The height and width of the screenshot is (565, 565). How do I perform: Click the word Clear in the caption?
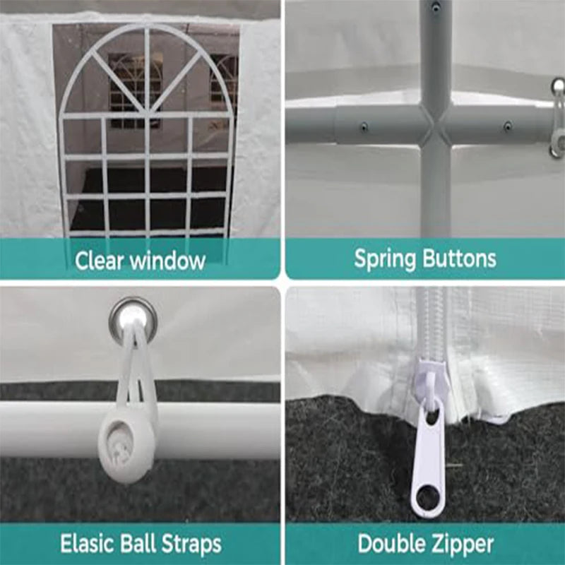pyautogui.click(x=99, y=260)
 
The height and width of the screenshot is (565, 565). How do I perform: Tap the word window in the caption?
pyautogui.click(x=167, y=260)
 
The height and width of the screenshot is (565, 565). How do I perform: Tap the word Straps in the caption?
pyautogui.click(x=191, y=544)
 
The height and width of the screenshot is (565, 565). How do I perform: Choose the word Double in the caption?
pyautogui.click(x=393, y=543)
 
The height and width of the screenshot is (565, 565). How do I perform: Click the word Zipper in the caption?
pyautogui.click(x=463, y=544)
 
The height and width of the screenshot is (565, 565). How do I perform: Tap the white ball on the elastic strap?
pyautogui.click(x=124, y=448)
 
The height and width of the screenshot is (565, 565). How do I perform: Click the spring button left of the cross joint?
pyautogui.click(x=364, y=127)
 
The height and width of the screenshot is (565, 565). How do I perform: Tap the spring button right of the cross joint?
pyautogui.click(x=508, y=126)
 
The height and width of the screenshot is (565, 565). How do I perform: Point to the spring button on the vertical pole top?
pyautogui.click(x=436, y=6)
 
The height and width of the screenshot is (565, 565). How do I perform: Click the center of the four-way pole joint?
pyautogui.click(x=436, y=124)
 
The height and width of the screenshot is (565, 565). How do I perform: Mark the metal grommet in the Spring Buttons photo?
pyautogui.click(x=558, y=86)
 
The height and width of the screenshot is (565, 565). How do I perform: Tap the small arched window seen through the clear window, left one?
pyautogui.click(x=134, y=91)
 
